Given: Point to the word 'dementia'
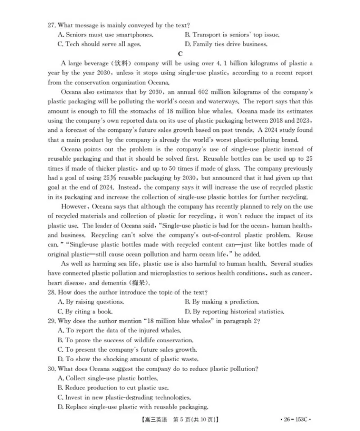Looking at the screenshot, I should (x=113, y=283).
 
